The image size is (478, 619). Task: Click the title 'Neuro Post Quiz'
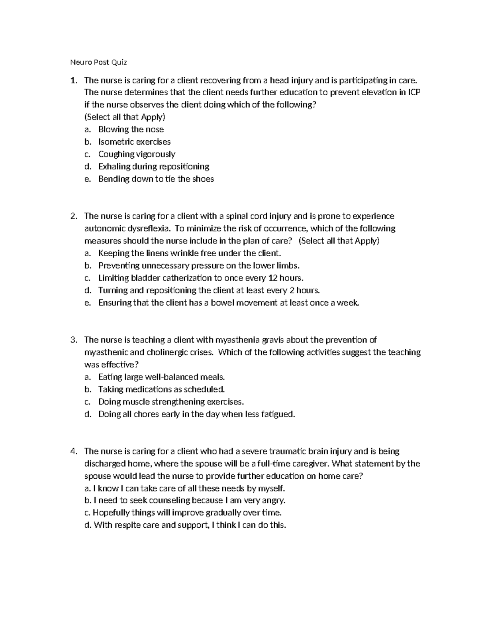[98, 62]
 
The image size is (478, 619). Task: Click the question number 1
[73, 81]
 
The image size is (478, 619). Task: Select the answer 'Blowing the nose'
[131, 130]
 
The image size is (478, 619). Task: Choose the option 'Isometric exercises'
[134, 142]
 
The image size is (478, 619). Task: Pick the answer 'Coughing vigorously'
[137, 154]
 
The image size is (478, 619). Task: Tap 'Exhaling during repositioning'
[153, 167]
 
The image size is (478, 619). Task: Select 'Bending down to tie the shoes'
[156, 179]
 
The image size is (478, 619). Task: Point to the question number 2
[73, 216]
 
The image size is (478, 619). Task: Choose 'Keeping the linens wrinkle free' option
[189, 253]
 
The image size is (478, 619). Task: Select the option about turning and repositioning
[209, 291]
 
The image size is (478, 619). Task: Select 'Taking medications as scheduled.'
[161, 389]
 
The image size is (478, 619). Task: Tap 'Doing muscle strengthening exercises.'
[170, 402]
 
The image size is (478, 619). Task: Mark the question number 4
[73, 452]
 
